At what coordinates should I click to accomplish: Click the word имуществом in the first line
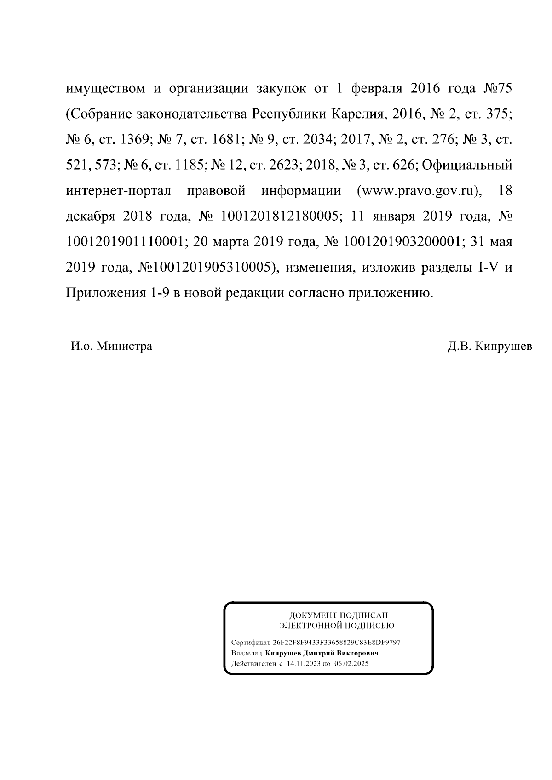click(105, 88)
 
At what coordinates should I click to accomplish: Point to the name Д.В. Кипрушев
click(489, 346)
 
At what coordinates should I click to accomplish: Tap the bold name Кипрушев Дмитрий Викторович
click(322, 653)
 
